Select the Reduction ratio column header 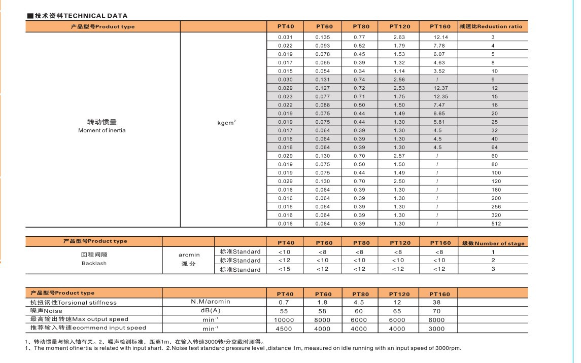[490, 26]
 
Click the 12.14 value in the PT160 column [439, 37]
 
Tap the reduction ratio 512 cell [496, 224]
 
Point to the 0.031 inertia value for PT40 [285, 37]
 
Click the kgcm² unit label [226, 123]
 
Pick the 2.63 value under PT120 [399, 37]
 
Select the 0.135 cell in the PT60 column [323, 37]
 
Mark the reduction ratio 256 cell [496, 207]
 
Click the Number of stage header [493, 243]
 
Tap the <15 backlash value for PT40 [284, 269]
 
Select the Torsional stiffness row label [74, 303]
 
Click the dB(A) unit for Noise [211, 310]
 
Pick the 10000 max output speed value [285, 320]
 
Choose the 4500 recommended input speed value [285, 329]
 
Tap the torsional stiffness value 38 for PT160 [436, 302]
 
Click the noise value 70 [436, 311]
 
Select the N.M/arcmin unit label [211, 302]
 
